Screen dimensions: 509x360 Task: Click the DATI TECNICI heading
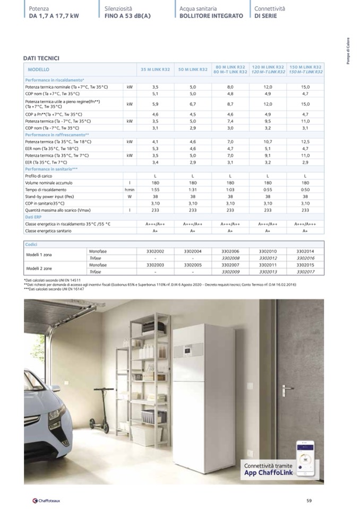(41, 58)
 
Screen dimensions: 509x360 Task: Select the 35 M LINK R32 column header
(155, 70)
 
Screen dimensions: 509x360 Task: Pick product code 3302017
(305, 271)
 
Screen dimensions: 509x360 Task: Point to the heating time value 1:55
(155, 189)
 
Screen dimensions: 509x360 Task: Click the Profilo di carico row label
(38, 176)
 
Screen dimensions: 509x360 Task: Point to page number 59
(309, 499)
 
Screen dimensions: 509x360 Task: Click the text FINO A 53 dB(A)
(128, 16)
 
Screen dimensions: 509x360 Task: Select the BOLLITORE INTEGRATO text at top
(211, 16)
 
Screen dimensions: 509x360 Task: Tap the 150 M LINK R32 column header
(305, 70)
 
